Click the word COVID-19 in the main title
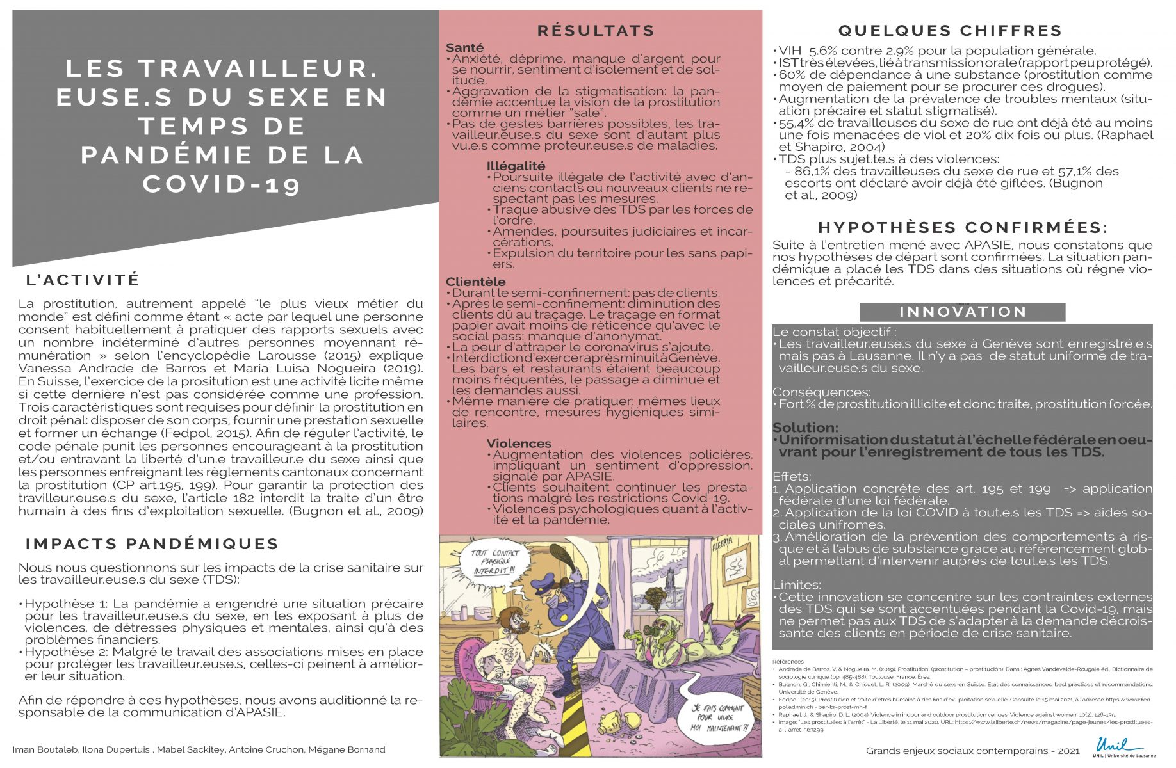click(x=221, y=184)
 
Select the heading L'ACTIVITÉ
click(x=83, y=280)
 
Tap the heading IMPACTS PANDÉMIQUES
click(x=152, y=544)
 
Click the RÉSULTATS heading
click(x=596, y=31)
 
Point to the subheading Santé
click(x=465, y=48)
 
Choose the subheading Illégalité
click(x=516, y=166)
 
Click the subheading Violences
click(x=519, y=444)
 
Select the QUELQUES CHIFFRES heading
click(x=950, y=31)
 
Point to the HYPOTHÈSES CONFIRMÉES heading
click(x=963, y=228)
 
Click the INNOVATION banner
click(x=963, y=312)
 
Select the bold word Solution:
click(x=805, y=428)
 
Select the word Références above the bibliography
click(x=788, y=661)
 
